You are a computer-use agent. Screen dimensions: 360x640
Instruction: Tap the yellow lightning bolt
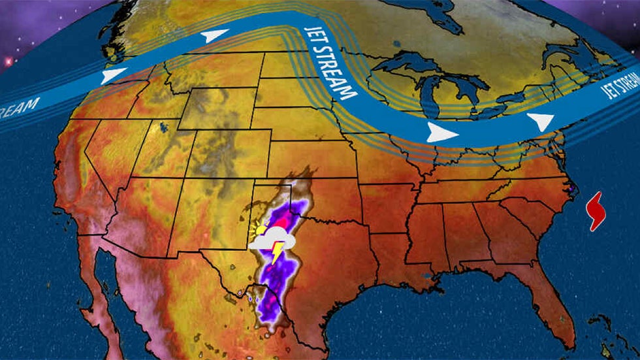pos(277,252)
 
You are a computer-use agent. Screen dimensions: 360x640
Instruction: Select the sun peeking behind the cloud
pos(261,229)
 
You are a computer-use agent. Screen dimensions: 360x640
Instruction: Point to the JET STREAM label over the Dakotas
pos(331,63)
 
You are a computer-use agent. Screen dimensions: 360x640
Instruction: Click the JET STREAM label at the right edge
pos(620,82)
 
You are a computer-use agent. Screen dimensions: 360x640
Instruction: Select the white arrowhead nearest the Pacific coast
pos(112,76)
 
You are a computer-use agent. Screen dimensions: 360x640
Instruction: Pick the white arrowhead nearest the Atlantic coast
pos(539,121)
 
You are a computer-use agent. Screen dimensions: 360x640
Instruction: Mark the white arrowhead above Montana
pos(215,37)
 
